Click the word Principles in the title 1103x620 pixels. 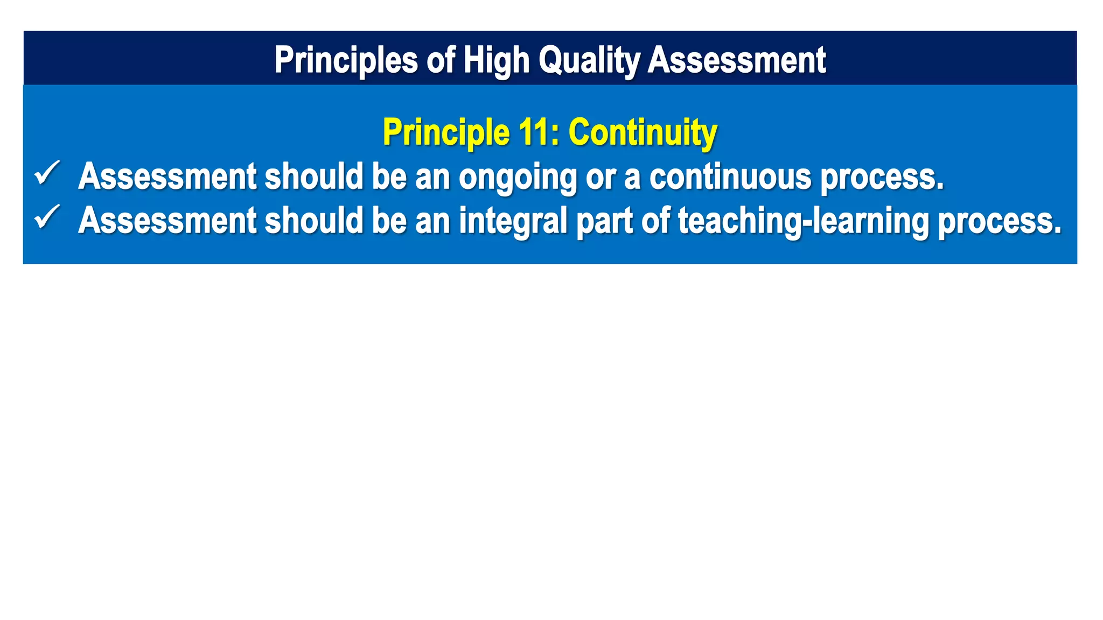346,60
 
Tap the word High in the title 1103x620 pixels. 496,60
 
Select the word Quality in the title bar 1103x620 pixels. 589,60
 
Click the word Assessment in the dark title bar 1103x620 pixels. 736,60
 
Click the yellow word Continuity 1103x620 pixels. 643,132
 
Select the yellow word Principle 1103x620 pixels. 446,132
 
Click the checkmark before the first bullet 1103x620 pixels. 47,173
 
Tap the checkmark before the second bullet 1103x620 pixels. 47,217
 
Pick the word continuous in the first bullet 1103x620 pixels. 730,177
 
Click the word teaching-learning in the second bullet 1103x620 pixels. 803,221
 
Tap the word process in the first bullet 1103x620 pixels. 882,177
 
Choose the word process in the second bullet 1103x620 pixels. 1000,221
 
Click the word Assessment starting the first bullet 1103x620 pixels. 167,177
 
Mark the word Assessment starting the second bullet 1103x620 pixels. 167,221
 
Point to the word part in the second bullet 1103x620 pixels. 604,221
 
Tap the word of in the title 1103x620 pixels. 441,60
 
